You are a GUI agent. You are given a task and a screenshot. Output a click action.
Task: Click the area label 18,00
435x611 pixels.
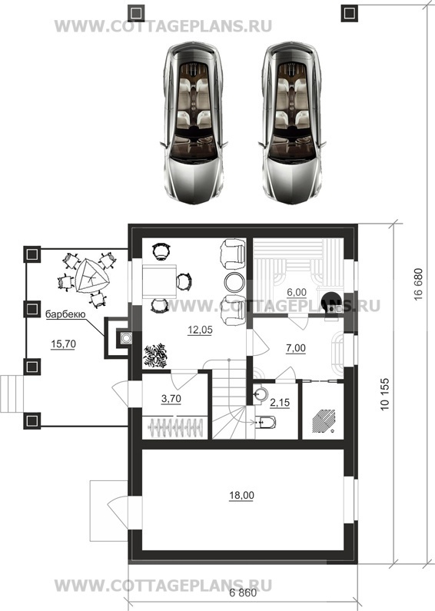[241, 495]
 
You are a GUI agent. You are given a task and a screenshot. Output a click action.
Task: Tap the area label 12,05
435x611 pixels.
[200, 330]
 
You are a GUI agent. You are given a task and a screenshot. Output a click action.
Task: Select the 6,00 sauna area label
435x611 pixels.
[297, 292]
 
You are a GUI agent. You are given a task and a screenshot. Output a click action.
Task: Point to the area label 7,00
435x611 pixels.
[296, 348]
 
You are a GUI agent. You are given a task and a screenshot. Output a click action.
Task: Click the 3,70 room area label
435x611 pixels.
[171, 399]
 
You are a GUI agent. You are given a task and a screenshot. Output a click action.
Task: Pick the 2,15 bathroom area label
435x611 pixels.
[280, 402]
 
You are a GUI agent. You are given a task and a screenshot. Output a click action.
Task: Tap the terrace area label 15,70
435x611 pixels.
[63, 344]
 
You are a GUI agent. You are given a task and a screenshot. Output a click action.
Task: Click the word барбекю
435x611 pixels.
[65, 314]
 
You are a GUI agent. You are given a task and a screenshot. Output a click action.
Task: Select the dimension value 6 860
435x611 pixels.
[243, 593]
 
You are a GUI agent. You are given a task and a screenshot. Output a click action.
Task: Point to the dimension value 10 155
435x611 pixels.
[385, 393]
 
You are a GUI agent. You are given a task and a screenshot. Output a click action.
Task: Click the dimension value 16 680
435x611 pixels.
[418, 284]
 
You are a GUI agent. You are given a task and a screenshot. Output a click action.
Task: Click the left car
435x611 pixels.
[193, 122]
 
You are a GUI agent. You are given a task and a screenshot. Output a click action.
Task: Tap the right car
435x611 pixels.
[292, 122]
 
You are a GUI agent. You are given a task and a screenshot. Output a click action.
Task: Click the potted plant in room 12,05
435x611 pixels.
[155, 355]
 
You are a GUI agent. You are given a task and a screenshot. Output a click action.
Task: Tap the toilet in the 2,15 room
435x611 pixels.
[265, 422]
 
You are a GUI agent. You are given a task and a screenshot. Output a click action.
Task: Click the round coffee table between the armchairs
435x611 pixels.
[234, 282]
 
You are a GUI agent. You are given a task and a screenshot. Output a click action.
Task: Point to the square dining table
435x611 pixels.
[159, 281]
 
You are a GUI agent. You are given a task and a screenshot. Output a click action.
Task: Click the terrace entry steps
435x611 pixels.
[12, 393]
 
